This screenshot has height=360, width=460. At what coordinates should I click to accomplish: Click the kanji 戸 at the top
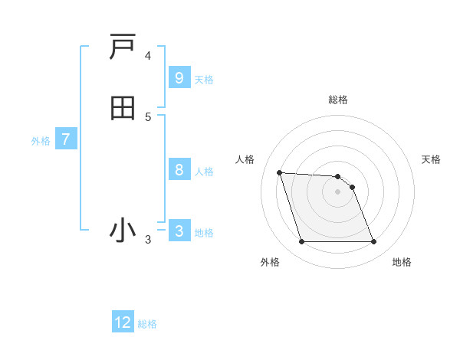[123, 47]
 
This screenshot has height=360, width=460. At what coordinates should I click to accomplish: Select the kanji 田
[123, 108]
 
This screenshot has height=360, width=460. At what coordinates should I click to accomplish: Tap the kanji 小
[123, 230]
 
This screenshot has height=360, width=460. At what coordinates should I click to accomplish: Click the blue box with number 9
[179, 77]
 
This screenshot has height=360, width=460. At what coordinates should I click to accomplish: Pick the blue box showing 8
[179, 170]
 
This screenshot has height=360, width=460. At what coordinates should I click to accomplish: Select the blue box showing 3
[179, 231]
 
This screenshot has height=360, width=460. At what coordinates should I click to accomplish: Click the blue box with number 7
[66, 140]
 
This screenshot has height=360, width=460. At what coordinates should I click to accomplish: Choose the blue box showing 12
[123, 322]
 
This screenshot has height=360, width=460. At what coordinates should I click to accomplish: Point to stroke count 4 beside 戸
[148, 56]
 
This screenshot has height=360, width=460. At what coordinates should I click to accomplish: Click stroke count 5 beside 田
[148, 117]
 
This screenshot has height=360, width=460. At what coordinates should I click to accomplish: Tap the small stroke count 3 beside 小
[148, 240]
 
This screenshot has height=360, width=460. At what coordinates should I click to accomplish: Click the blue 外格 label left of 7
[41, 141]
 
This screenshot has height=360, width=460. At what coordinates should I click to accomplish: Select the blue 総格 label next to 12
[147, 324]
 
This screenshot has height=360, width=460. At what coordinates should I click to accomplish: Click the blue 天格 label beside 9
[204, 79]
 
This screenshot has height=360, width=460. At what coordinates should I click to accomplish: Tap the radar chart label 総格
[338, 100]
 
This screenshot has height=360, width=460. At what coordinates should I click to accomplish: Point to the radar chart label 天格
[431, 159]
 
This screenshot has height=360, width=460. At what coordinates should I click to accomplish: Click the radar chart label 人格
[245, 159]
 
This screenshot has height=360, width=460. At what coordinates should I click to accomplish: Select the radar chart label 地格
[402, 262]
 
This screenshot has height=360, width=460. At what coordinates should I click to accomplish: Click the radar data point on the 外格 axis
[301, 242]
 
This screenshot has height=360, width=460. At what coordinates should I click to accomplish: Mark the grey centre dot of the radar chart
[338, 191]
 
